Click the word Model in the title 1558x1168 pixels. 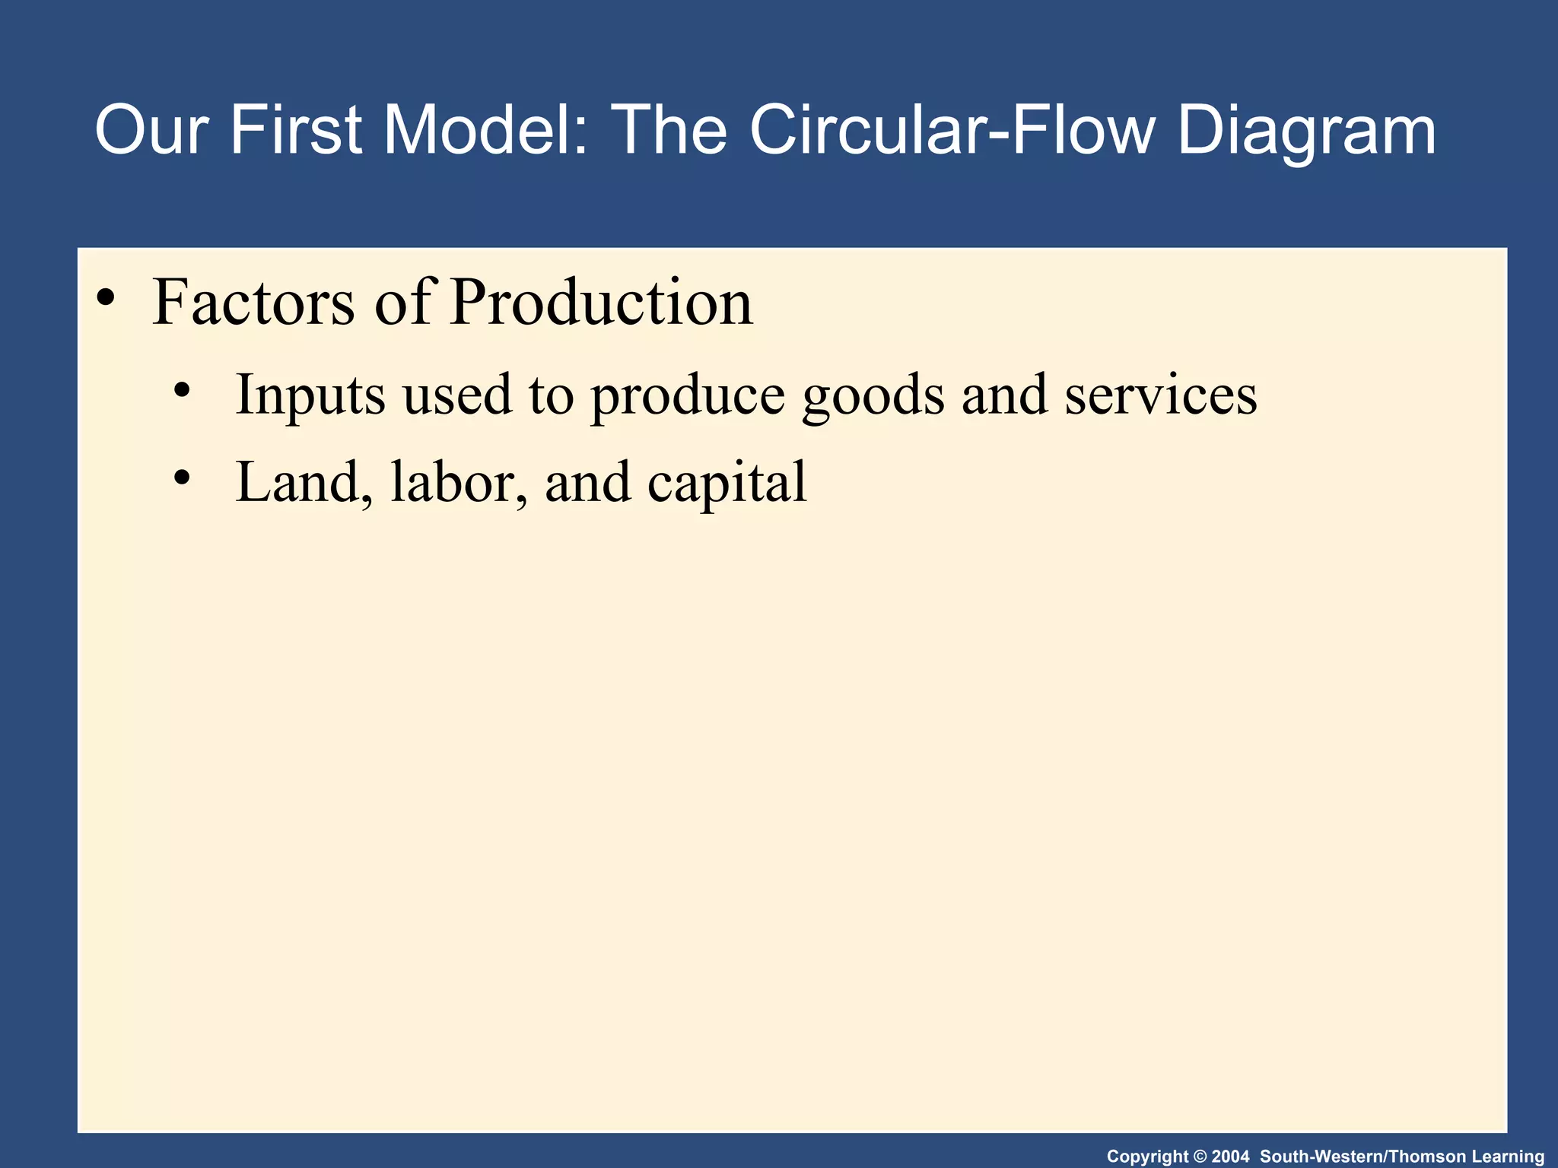pos(485,131)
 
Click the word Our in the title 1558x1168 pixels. pos(151,131)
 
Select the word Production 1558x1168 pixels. pos(601,302)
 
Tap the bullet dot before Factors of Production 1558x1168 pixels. pos(106,297)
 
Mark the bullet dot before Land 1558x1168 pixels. pos(181,478)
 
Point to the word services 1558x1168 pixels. pos(1160,395)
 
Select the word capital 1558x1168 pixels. pos(727,484)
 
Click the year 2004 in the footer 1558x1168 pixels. pos(1229,1157)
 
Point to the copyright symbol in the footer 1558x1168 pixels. pos(1200,1157)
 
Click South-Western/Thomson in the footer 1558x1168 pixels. pos(1362,1157)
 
